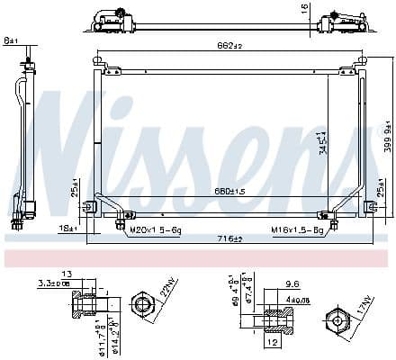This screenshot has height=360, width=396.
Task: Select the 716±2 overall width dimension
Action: tap(229, 238)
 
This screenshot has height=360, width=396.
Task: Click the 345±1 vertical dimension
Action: tap(320, 142)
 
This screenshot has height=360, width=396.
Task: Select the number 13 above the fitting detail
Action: tap(67, 274)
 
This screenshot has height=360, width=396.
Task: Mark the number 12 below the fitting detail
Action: tap(271, 342)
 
